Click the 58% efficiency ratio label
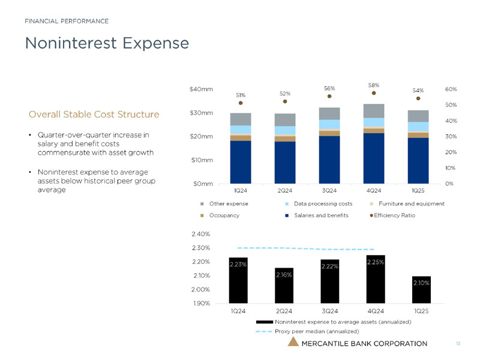click(x=374, y=85)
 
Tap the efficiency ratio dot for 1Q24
click(x=241, y=103)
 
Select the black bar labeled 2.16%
click(x=284, y=286)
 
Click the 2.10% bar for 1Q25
click(x=421, y=290)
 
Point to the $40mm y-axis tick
click(x=201, y=89)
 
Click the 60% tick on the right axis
click(x=451, y=89)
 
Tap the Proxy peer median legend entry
click(x=316, y=331)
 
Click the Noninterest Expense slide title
click(x=106, y=43)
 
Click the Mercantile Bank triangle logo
click(x=293, y=343)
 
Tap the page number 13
click(x=458, y=343)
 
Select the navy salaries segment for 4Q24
click(x=374, y=158)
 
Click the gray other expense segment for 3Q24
click(x=329, y=113)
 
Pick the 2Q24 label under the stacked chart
click(x=285, y=190)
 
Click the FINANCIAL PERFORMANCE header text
click(x=66, y=22)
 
